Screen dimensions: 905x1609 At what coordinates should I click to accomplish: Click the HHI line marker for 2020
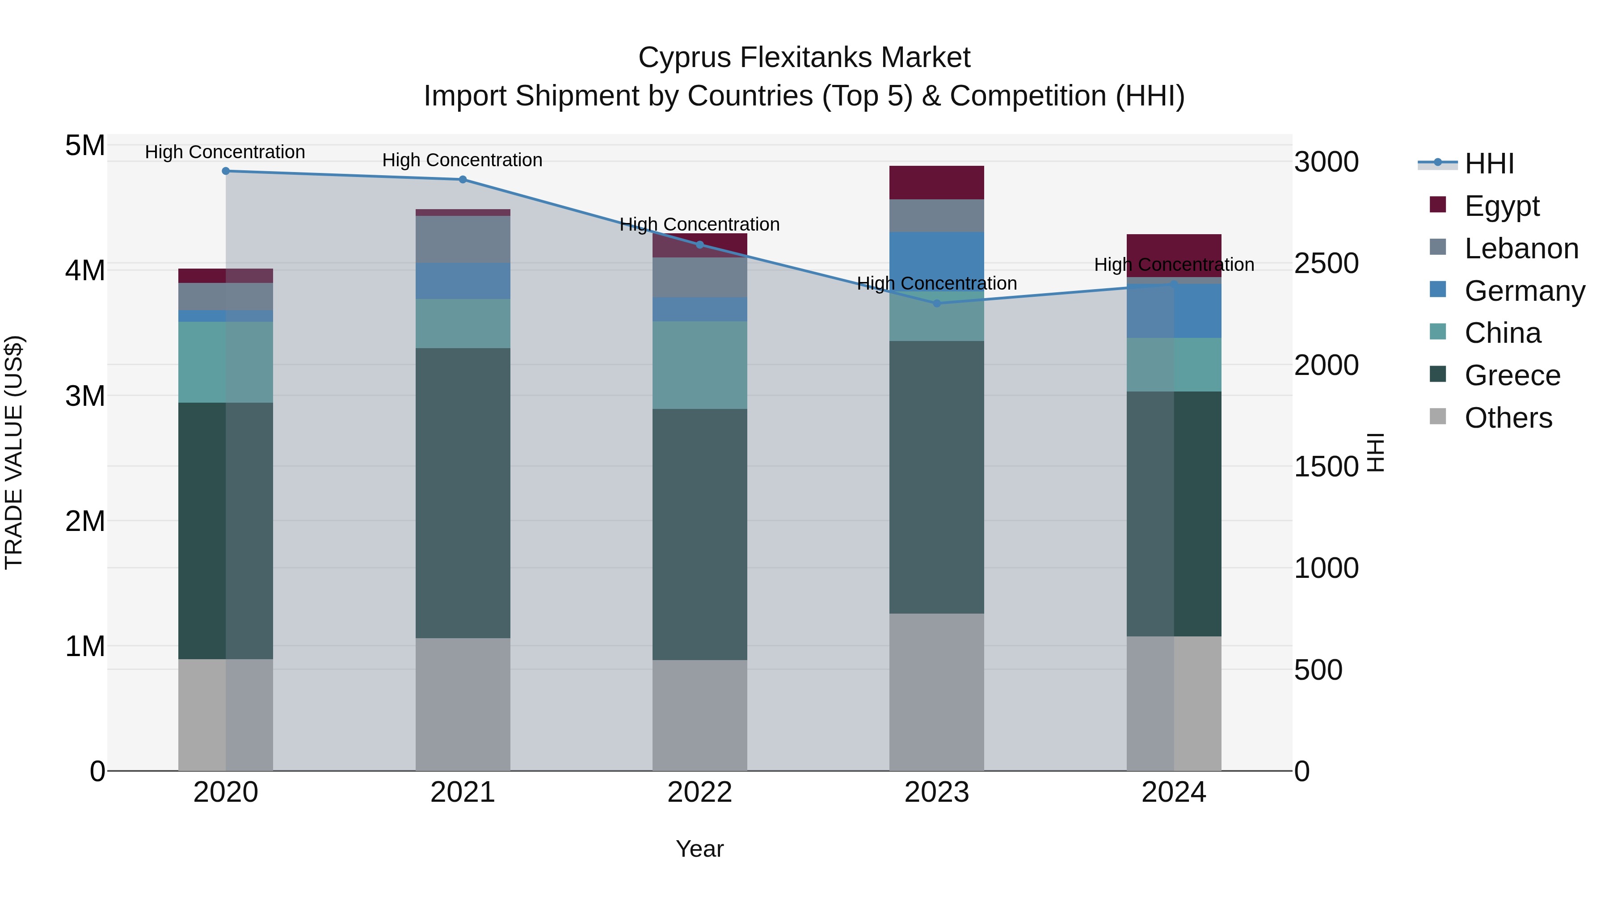pyautogui.click(x=226, y=171)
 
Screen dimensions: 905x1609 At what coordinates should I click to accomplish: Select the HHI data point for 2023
pyautogui.click(x=936, y=303)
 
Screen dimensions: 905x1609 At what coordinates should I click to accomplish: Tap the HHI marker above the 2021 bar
pyautogui.click(x=463, y=180)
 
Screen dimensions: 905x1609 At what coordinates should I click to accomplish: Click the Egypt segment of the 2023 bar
pyautogui.click(x=936, y=182)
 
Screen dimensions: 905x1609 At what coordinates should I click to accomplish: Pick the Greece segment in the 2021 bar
pyautogui.click(x=463, y=493)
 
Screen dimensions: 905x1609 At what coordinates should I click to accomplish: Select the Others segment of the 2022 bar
pyautogui.click(x=699, y=715)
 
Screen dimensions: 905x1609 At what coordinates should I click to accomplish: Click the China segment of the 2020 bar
pyautogui.click(x=226, y=362)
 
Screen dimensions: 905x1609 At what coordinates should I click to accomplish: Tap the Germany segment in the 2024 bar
pyautogui.click(x=1174, y=311)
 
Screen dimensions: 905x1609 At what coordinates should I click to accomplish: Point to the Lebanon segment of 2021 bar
pyautogui.click(x=463, y=239)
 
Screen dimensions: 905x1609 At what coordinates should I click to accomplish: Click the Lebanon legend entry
pyautogui.click(x=1521, y=248)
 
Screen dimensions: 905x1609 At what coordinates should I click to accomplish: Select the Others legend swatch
pyautogui.click(x=1438, y=417)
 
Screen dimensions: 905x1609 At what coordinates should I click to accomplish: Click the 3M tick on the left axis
pyautogui.click(x=85, y=396)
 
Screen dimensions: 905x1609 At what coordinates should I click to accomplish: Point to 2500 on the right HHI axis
pyautogui.click(x=1326, y=264)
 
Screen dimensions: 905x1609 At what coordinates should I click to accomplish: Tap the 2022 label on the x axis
pyautogui.click(x=699, y=792)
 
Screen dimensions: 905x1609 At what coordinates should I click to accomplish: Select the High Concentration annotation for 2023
pyautogui.click(x=936, y=283)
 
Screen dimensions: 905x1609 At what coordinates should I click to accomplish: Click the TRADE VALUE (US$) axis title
pyautogui.click(x=14, y=452)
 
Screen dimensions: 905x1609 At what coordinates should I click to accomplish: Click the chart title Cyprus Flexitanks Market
pyautogui.click(x=804, y=58)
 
